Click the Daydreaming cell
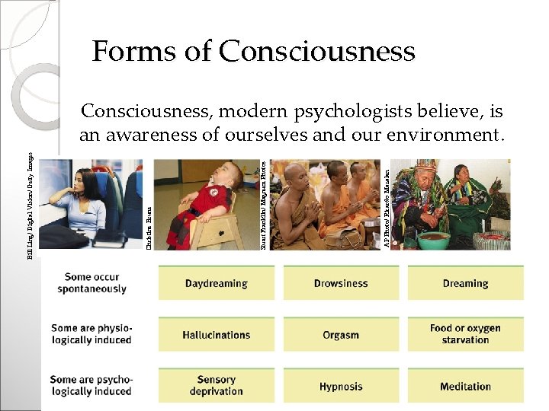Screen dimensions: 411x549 coord(216,283)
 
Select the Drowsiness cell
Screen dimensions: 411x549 coord(340,283)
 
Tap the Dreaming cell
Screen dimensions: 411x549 coord(465,283)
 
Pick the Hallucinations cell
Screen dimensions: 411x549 coord(216,335)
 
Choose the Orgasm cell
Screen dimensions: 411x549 coord(340,335)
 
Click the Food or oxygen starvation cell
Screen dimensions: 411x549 coord(465,334)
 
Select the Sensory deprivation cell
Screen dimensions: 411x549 coord(216,385)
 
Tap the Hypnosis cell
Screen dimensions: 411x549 coord(340,386)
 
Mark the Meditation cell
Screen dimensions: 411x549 coord(465,386)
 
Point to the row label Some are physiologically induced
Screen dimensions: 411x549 coord(91,334)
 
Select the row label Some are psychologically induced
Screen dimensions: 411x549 coord(91,385)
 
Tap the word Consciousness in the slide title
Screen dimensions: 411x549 coord(316,52)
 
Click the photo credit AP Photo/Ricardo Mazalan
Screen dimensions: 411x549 coord(387,202)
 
